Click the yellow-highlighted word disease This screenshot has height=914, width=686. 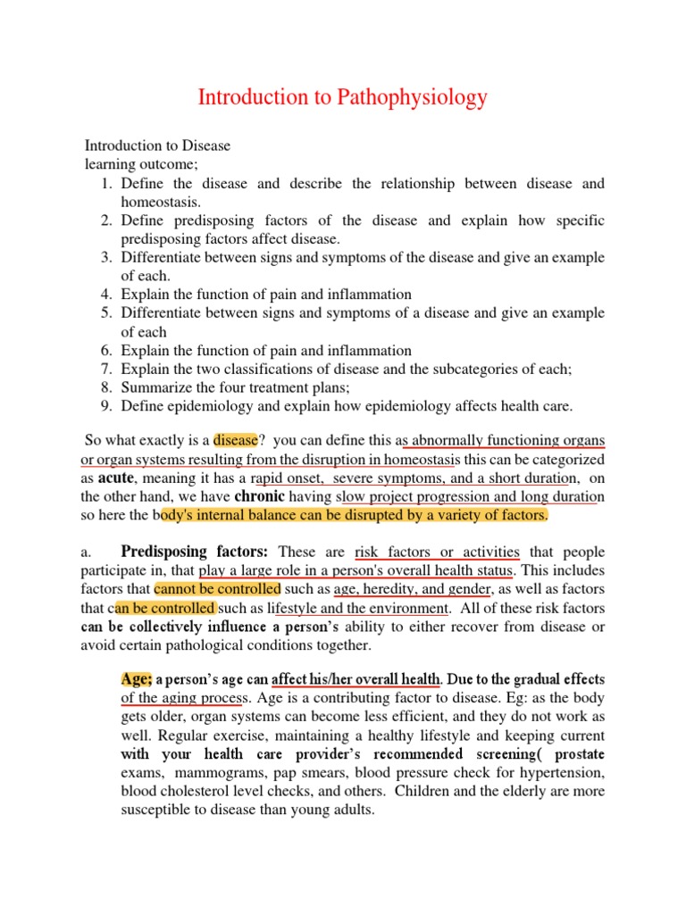234,440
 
